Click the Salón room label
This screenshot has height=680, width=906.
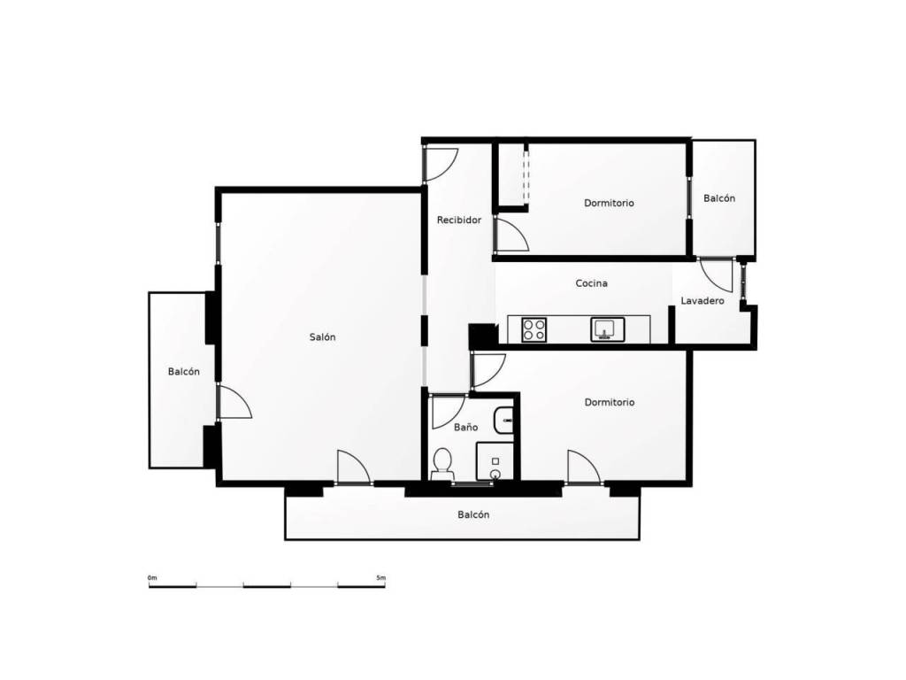click(x=322, y=337)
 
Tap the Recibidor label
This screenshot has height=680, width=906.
click(x=459, y=220)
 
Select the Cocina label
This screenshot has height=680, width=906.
click(x=591, y=283)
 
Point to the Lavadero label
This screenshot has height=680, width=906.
click(x=702, y=301)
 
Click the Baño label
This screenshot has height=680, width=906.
click(x=465, y=427)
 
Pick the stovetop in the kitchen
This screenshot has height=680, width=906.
click(x=534, y=329)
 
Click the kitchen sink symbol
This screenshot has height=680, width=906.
click(x=607, y=329)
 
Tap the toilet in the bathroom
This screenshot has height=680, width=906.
click(x=443, y=464)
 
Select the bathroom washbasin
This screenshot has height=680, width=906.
click(x=503, y=420)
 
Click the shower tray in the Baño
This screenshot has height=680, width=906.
click(x=495, y=461)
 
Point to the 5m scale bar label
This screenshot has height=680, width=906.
click(x=380, y=577)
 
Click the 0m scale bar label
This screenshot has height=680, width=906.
click(x=152, y=577)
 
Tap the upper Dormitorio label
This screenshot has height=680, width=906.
click(x=609, y=203)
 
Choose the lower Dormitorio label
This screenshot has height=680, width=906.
click(x=609, y=403)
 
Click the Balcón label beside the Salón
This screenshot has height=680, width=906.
click(x=184, y=372)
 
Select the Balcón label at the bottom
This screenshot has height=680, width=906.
click(x=473, y=514)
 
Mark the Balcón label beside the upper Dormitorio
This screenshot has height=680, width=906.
click(x=719, y=198)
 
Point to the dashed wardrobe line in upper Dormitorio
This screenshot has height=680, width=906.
click(x=526, y=175)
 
